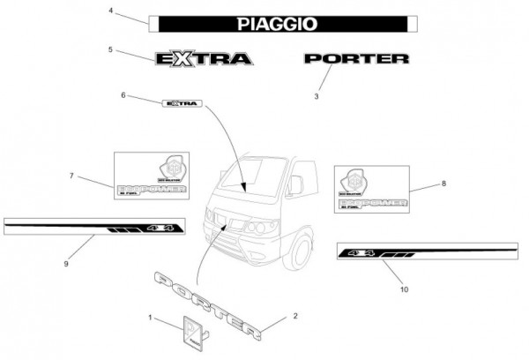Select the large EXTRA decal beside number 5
(x=204, y=59)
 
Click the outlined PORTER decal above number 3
(x=356, y=59)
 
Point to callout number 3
(x=317, y=96)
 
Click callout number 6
(x=123, y=94)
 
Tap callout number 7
(x=71, y=176)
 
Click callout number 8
(x=444, y=184)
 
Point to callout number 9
(x=66, y=262)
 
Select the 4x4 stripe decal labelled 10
(x=427, y=252)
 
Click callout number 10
(x=405, y=289)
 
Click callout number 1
(x=151, y=317)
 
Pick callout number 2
(x=295, y=316)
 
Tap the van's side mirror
(x=296, y=184)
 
